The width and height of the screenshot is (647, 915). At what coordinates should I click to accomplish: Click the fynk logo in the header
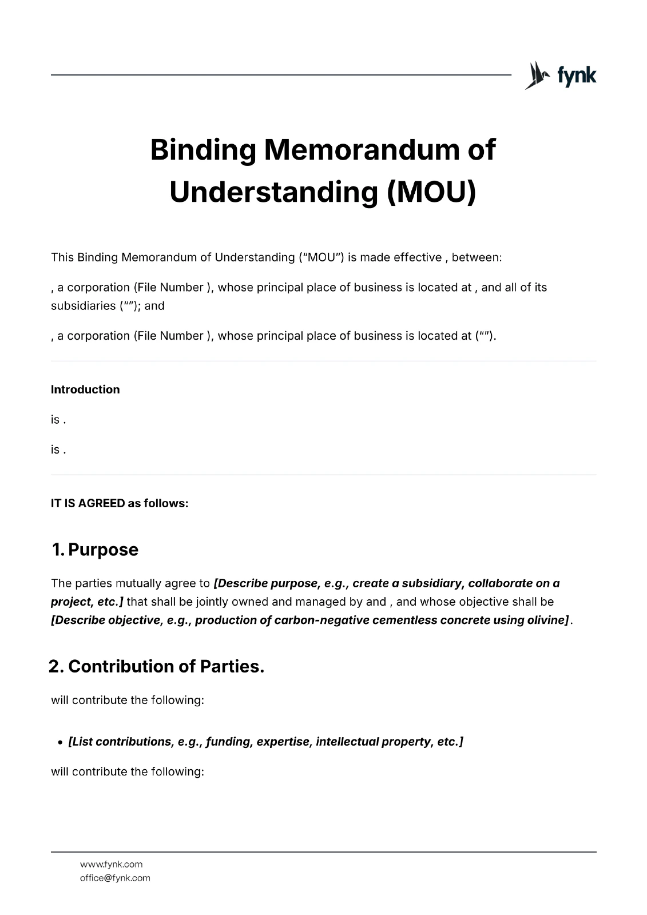[561, 75]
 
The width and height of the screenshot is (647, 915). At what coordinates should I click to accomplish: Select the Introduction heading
[85, 389]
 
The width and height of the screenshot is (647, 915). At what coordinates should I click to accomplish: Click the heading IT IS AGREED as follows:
[120, 503]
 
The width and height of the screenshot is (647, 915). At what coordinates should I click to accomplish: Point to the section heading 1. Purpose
[95, 550]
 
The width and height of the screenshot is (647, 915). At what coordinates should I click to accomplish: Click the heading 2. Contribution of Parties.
[156, 666]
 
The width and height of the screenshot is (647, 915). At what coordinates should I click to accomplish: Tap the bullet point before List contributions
[60, 742]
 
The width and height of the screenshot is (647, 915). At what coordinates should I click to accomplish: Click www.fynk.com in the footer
[111, 864]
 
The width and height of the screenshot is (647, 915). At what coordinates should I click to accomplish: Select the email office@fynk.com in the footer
[115, 878]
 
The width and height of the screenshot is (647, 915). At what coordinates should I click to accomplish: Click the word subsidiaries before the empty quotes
[84, 305]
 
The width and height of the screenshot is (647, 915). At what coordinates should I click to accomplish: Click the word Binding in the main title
[203, 150]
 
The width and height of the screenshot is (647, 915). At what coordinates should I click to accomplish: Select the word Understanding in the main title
[273, 192]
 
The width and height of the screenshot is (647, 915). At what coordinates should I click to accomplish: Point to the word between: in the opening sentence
[477, 257]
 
